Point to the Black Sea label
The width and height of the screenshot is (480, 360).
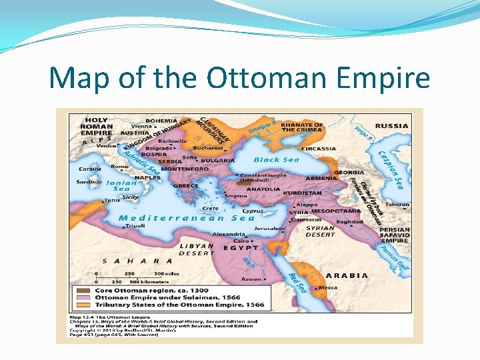(276, 160)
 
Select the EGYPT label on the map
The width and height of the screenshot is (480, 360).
(240, 247)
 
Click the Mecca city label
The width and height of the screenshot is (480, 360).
(327, 288)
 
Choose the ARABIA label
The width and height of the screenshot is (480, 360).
(347, 275)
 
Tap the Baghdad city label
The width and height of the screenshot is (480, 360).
(349, 221)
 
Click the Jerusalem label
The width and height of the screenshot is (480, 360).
(269, 228)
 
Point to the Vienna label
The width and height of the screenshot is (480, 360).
(141, 125)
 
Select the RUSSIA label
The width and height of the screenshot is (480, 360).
(391, 125)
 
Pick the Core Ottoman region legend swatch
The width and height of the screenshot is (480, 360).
(83, 291)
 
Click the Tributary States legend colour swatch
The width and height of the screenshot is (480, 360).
(83, 305)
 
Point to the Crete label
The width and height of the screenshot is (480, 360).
(210, 209)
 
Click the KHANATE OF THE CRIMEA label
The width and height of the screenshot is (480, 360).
(301, 127)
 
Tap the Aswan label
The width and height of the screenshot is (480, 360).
(251, 279)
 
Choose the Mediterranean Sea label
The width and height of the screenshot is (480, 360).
(186, 218)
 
